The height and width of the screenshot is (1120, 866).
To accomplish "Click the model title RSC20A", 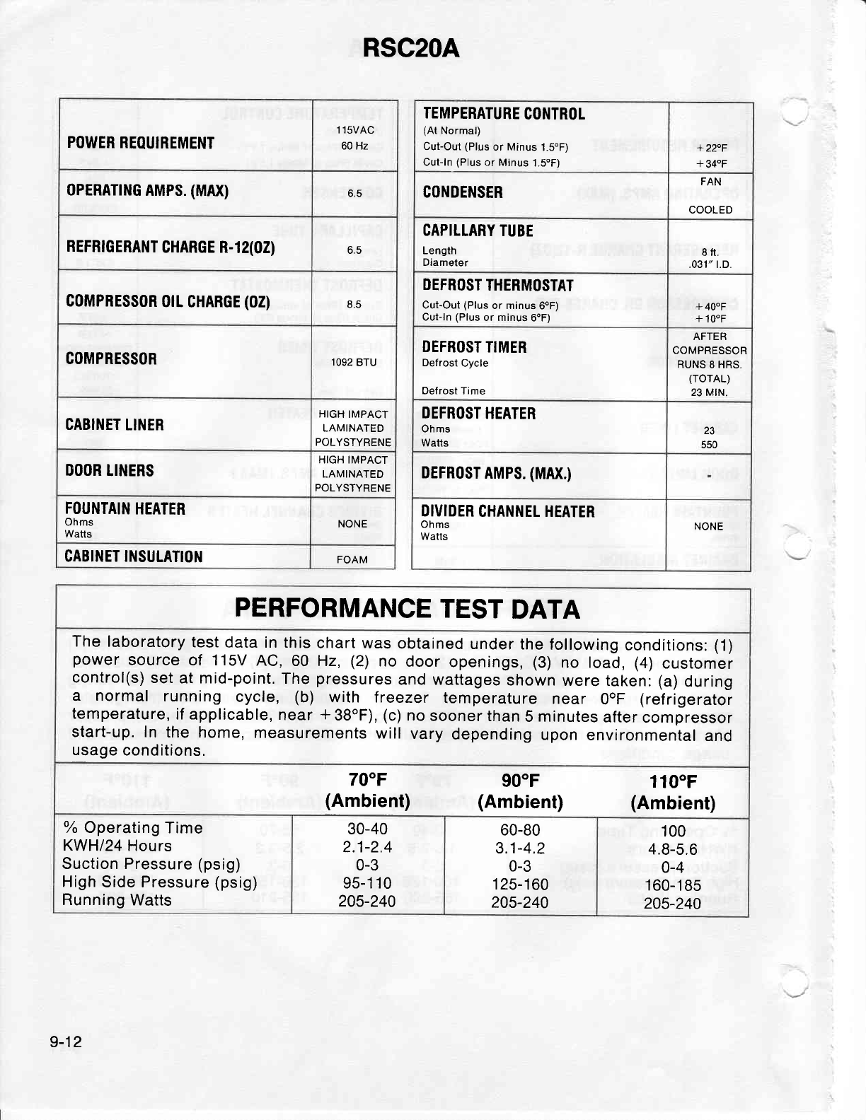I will pyautogui.click(x=410, y=49).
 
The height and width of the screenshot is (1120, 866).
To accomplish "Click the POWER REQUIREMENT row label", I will pyautogui.click(x=140, y=144).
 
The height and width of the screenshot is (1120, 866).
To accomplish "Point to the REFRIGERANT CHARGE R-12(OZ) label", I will pyautogui.click(x=171, y=247).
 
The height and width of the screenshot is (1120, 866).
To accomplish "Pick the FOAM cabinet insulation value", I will pyautogui.click(x=352, y=559).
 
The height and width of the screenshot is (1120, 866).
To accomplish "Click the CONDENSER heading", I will pyautogui.click(x=463, y=192).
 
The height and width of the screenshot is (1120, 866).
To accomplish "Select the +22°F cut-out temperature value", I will pyautogui.click(x=711, y=148).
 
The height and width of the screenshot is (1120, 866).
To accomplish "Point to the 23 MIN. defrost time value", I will pyautogui.click(x=710, y=392).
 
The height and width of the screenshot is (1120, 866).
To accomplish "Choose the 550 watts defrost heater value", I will pyautogui.click(x=709, y=445).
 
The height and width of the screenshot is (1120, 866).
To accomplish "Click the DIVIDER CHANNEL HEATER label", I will pyautogui.click(x=507, y=511).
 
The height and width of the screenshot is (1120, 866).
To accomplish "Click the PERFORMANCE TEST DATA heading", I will pyautogui.click(x=407, y=609).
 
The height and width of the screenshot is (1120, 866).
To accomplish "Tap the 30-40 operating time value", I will pyautogui.click(x=368, y=828).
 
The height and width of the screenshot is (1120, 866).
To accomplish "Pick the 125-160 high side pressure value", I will pyautogui.click(x=520, y=884).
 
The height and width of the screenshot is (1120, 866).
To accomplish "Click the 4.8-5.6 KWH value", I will pyautogui.click(x=673, y=849).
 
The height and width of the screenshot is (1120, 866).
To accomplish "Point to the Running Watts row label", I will pyautogui.click(x=117, y=900).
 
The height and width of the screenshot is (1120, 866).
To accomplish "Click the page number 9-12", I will pyautogui.click(x=67, y=1042).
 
